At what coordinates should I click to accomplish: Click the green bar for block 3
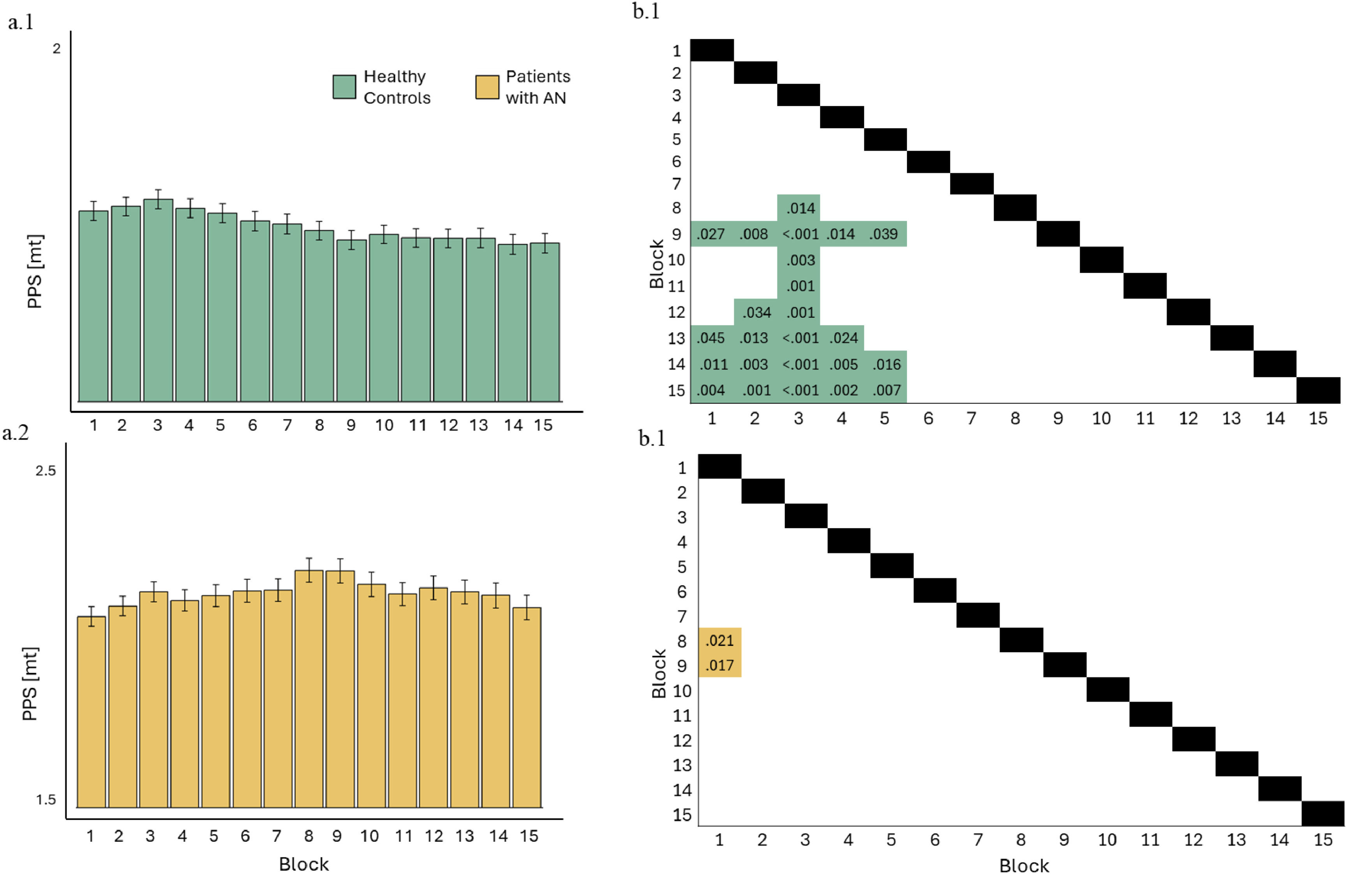pyautogui.click(x=158, y=300)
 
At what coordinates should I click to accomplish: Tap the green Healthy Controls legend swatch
pyautogui.click(x=344, y=86)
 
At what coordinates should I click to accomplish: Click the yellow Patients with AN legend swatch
pyautogui.click(x=487, y=86)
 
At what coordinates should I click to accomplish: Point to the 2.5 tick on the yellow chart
pyautogui.click(x=46, y=471)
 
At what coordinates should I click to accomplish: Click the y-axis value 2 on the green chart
pyautogui.click(x=56, y=49)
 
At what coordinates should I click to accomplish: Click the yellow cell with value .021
pyautogui.click(x=719, y=640)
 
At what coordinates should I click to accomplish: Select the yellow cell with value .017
pyautogui.click(x=719, y=665)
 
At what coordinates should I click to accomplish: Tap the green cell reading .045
pyautogui.click(x=711, y=338)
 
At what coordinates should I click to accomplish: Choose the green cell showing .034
pyautogui.click(x=756, y=312)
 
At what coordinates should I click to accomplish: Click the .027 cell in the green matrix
pyautogui.click(x=711, y=234)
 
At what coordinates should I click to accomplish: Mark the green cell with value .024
pyautogui.click(x=842, y=338)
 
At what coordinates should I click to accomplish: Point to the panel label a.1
pyautogui.click(x=21, y=23)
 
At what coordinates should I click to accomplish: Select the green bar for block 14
pyautogui.click(x=513, y=322)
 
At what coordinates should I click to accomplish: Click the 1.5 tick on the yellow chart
pyautogui.click(x=46, y=799)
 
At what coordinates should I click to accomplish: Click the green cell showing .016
pyautogui.click(x=886, y=364)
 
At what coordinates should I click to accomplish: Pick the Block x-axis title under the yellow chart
pyautogui.click(x=304, y=864)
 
